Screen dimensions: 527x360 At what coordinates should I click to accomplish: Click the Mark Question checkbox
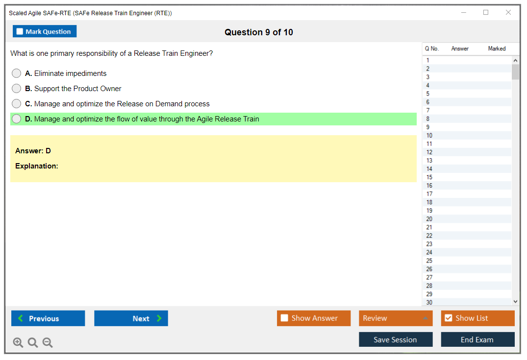click(x=20, y=31)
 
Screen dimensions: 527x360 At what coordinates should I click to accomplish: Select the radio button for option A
click(x=17, y=73)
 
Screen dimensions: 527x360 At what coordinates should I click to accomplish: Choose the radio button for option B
click(x=17, y=88)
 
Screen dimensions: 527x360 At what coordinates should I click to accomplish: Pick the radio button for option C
click(x=17, y=103)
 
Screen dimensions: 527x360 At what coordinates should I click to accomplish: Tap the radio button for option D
click(x=17, y=119)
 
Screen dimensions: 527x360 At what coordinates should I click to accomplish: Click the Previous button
click(x=48, y=318)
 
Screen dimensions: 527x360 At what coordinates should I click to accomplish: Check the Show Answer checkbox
click(x=284, y=318)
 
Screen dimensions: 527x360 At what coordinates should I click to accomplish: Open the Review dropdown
click(x=396, y=318)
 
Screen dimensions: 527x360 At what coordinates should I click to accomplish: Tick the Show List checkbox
click(x=449, y=318)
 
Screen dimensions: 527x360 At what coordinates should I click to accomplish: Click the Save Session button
click(x=396, y=339)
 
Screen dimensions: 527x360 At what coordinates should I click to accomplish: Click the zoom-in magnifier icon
click(x=18, y=342)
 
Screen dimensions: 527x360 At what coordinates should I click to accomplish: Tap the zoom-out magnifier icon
click(x=48, y=342)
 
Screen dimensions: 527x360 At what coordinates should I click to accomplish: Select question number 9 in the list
click(x=428, y=127)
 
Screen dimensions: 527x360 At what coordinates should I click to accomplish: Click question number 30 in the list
click(x=429, y=303)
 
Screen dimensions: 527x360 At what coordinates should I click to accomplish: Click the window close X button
click(x=508, y=12)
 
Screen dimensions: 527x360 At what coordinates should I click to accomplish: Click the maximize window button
click(x=486, y=12)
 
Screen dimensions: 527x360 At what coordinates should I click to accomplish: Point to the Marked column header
click(x=497, y=48)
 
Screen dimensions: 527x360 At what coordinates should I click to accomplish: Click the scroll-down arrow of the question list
click(x=516, y=302)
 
